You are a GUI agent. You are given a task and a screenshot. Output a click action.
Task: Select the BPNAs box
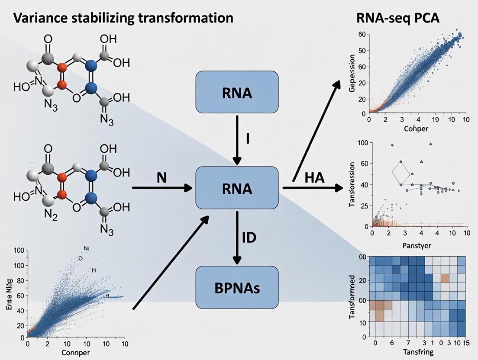[x=236, y=288]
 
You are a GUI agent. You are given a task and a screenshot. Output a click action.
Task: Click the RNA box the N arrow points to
[x=236, y=188]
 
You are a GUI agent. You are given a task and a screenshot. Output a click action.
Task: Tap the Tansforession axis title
[x=352, y=184]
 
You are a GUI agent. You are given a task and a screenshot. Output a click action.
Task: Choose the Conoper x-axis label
[x=76, y=353]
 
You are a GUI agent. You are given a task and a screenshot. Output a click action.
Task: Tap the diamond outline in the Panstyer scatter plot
[x=400, y=173]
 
